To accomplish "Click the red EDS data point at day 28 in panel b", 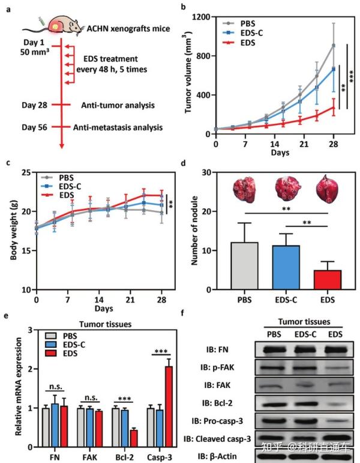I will pos(333,108).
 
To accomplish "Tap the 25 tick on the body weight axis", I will pos(28,172).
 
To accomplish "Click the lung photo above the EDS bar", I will pos(324,188).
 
